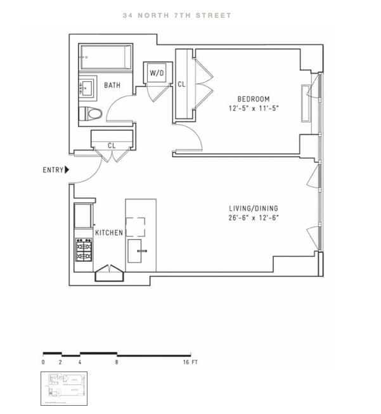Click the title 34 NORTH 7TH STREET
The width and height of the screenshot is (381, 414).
(x=177, y=15)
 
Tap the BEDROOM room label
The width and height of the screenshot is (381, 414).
(x=254, y=99)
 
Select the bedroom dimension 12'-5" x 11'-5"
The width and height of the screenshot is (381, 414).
(x=254, y=108)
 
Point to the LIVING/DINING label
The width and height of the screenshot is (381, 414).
(x=254, y=209)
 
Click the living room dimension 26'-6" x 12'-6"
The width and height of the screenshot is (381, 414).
(x=254, y=218)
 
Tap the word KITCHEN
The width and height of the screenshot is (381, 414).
(x=108, y=233)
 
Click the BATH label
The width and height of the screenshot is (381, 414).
(x=112, y=85)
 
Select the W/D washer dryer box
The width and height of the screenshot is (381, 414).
(x=157, y=74)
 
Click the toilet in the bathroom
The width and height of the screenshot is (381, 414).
(x=90, y=114)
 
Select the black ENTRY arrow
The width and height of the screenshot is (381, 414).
(x=67, y=170)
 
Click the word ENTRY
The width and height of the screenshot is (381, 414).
(x=53, y=170)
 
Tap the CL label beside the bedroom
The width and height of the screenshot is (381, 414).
(x=181, y=84)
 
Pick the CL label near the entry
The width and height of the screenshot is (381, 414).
(x=112, y=146)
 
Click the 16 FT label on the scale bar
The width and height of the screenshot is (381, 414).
(x=190, y=362)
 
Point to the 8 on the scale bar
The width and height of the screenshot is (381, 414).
(x=117, y=362)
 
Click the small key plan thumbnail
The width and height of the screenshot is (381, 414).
(x=64, y=388)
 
